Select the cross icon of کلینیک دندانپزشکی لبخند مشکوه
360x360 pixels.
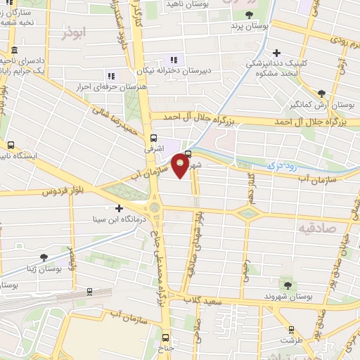[277, 53]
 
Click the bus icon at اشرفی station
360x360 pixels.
[154, 139]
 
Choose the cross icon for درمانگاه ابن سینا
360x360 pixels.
[119, 208]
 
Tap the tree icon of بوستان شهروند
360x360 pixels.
[287, 285]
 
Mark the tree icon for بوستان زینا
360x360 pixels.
[44, 257]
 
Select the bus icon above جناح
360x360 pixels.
[166, 337]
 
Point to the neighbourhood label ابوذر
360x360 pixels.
[73, 33]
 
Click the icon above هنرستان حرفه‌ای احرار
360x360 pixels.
[110, 75]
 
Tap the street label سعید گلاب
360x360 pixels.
[212, 298]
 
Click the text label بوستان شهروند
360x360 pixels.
[287, 297]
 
